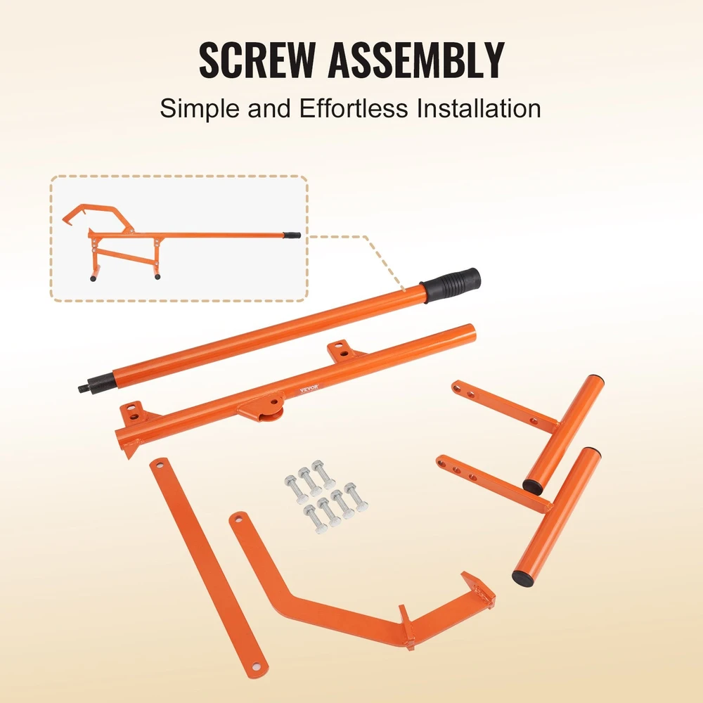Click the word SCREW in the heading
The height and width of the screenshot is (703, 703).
pos(257,60)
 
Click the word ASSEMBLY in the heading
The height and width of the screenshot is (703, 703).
pos(416,60)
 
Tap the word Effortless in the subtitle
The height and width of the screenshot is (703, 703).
pos(354,108)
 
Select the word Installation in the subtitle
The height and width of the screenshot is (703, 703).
pos(479,108)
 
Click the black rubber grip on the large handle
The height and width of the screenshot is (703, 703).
pos(450,285)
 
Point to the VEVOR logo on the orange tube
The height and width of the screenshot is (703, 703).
pos(309,388)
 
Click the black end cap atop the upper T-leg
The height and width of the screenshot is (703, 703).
pos(595,378)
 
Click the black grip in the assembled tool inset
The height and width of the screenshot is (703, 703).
pos(292,235)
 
